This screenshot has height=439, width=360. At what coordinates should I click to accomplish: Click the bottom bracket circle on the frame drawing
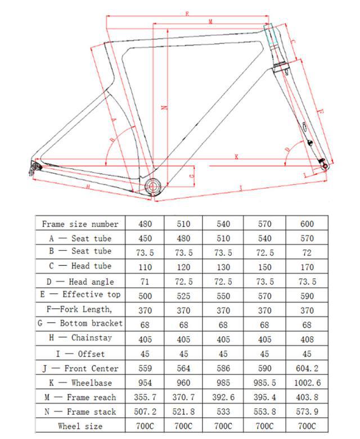(x=153, y=187)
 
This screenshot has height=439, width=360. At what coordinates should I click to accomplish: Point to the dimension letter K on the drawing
(x=236, y=158)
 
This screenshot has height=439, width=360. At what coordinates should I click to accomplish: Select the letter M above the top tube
(x=210, y=21)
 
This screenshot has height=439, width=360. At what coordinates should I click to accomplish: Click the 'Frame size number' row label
(x=80, y=224)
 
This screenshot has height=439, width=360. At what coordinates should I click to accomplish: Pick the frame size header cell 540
(x=223, y=224)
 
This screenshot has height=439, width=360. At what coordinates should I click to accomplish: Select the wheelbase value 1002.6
(x=306, y=383)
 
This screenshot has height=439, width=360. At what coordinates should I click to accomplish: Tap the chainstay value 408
(x=306, y=339)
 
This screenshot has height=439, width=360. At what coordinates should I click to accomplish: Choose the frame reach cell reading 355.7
(x=145, y=397)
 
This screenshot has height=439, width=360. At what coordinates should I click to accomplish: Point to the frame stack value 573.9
(x=306, y=411)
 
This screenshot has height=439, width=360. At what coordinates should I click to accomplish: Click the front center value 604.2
(x=306, y=368)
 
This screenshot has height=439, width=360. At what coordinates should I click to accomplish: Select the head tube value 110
(x=145, y=266)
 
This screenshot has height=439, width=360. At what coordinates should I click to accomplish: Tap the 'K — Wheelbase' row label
(x=80, y=383)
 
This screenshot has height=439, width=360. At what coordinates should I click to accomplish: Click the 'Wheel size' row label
(x=80, y=426)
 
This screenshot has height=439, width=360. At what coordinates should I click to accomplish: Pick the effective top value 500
(x=145, y=296)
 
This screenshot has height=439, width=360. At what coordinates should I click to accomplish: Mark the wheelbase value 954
(x=145, y=383)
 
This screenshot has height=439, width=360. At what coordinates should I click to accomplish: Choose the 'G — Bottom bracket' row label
(x=80, y=324)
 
